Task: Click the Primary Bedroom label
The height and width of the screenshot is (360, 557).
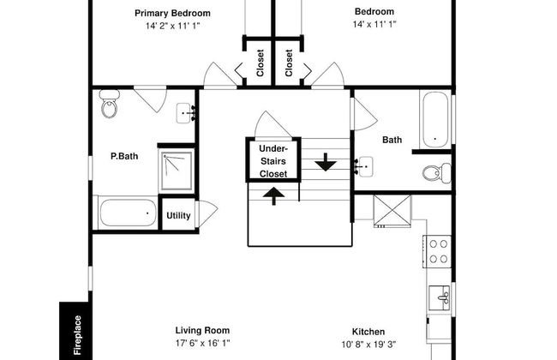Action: point(172,13)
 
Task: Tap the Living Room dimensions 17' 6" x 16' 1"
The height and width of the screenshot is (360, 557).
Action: point(202,344)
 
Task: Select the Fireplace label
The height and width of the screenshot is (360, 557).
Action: point(77,335)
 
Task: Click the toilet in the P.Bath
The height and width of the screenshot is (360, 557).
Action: point(110,104)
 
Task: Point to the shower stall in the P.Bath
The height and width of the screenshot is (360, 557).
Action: point(177,171)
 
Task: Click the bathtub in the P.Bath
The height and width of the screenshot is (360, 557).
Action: point(128,213)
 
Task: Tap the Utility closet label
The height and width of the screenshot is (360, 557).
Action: point(178,216)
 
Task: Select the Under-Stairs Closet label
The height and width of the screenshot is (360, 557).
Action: point(273,161)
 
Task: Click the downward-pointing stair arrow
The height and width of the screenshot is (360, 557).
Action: point(326,162)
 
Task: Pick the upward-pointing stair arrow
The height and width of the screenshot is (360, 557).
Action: point(273,195)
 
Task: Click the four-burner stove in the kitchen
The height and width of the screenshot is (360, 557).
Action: point(437,252)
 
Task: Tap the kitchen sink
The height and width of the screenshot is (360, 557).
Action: point(440,297)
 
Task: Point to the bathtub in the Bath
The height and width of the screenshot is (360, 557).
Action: point(435,119)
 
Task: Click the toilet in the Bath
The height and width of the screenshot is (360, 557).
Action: point(437,173)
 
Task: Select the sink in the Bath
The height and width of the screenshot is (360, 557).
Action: point(364,166)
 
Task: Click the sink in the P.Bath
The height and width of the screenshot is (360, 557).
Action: point(185,113)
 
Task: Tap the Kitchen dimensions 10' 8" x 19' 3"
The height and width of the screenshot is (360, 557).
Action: point(368,345)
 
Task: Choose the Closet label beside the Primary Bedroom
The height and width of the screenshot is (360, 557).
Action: point(260,63)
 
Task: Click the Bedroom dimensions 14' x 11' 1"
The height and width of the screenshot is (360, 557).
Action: point(374,24)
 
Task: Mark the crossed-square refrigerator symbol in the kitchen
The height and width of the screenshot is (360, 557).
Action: point(392,210)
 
